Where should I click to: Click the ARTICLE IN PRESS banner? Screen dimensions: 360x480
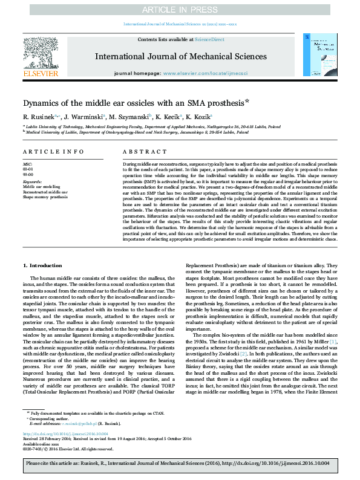click(180, 10)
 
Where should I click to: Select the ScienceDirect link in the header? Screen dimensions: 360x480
click(209, 39)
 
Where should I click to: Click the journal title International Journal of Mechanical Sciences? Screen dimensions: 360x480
click(180, 56)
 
